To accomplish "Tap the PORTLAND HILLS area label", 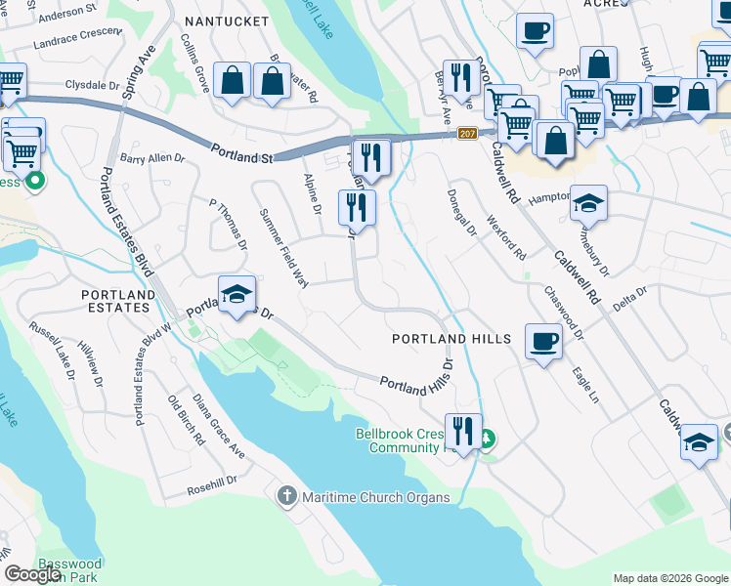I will tap(451, 339).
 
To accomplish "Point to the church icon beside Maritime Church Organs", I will tap(287, 497).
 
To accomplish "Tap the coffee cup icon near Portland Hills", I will tap(543, 342).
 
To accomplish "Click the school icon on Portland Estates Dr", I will tap(236, 294).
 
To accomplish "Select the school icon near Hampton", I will tap(588, 203).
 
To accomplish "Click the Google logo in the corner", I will tap(32, 574).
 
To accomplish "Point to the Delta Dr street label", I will tap(629, 297).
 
